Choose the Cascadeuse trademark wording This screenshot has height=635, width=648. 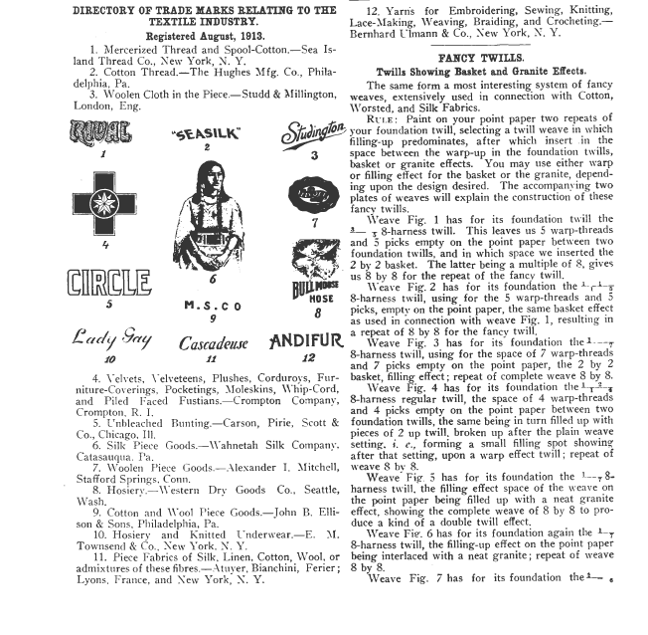click(x=214, y=344)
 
